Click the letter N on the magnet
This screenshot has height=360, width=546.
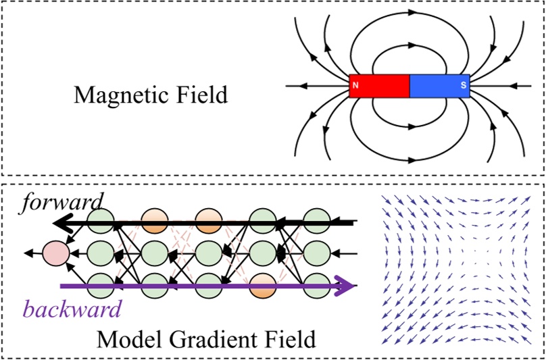355,86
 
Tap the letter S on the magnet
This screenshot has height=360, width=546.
464,86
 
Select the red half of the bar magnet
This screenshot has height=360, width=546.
380,86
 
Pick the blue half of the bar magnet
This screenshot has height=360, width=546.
439,86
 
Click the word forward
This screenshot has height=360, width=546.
61,201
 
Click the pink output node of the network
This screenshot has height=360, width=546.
55,253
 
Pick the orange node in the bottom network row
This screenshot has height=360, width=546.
263,286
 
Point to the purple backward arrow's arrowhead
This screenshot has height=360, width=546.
347,286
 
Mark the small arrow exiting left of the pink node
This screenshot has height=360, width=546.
30,253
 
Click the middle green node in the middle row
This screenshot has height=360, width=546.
207,253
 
